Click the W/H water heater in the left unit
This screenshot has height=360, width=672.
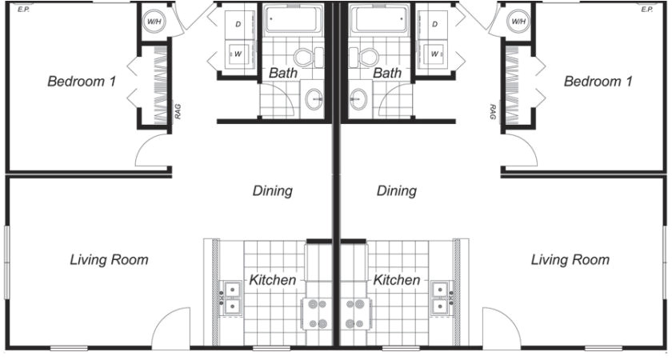[x=154, y=22]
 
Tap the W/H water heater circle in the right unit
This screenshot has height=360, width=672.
[x=518, y=22]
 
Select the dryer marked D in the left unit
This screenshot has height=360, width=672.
[x=238, y=25]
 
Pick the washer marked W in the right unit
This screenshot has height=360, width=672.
[x=434, y=54]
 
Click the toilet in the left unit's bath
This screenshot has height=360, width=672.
[x=305, y=57]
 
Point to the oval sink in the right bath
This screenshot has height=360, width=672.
[x=358, y=99]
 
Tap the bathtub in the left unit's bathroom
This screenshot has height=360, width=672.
[x=294, y=19]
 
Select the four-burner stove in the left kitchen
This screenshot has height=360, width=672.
[x=318, y=314]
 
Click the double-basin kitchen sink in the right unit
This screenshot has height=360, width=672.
[x=439, y=297]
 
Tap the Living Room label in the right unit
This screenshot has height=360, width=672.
[x=570, y=260]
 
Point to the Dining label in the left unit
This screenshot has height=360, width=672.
[x=273, y=191]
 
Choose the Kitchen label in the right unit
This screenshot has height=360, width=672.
[x=397, y=280]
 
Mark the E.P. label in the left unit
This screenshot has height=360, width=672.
[x=23, y=10]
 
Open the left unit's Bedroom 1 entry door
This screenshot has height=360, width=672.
[x=153, y=151]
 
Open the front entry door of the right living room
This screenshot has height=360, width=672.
[x=500, y=330]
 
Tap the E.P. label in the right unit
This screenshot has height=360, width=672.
[x=646, y=10]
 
